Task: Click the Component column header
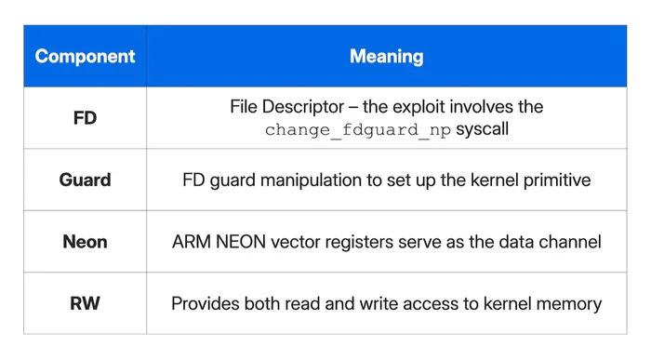(85, 57)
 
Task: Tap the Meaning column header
(386, 57)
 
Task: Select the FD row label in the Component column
(85, 118)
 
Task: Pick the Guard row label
(85, 180)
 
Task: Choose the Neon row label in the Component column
(85, 242)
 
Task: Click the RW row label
(85, 303)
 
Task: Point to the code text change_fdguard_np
(358, 130)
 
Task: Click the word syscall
(481, 130)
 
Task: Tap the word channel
(571, 242)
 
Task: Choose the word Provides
(206, 303)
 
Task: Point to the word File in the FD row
(246, 107)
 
